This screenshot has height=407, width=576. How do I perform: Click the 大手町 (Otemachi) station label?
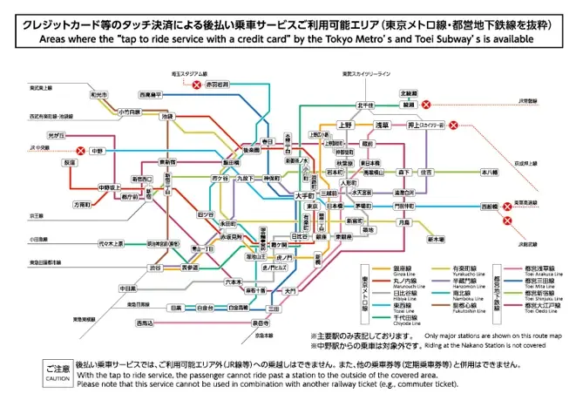(304, 196)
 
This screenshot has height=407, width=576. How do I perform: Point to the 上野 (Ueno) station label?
(345, 125)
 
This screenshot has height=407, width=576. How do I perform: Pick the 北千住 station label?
(365, 105)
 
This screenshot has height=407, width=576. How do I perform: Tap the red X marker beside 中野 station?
(81, 151)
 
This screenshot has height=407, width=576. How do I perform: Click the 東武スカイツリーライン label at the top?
(366, 74)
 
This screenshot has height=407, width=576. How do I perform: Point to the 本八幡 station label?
(490, 173)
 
